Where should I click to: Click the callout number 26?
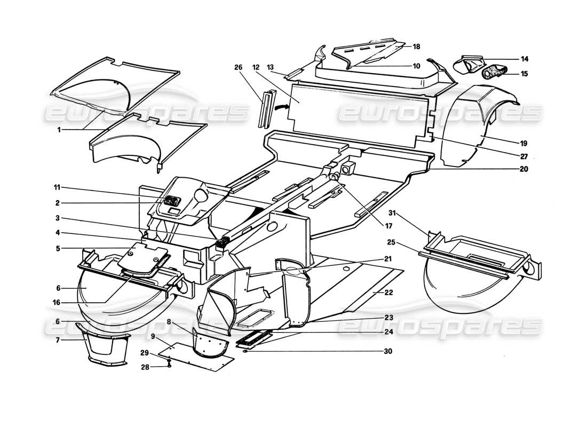pyautogui.click(x=238, y=67)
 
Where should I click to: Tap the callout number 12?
pyautogui.click(x=256, y=67)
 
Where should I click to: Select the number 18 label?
pyautogui.click(x=416, y=47)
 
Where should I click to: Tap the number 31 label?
pyautogui.click(x=393, y=213)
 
